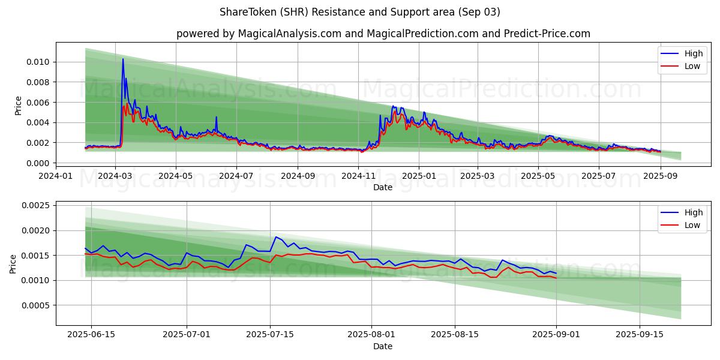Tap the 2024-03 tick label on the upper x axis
click(x=115, y=176)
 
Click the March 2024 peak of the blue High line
click(x=123, y=59)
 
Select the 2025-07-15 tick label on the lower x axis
click(x=270, y=335)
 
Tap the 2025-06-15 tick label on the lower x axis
click(x=91, y=335)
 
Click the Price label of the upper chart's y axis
click(x=18, y=105)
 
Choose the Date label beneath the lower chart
click(x=383, y=346)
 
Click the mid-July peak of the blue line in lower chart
click(x=276, y=237)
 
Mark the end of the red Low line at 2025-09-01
click(x=556, y=278)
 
